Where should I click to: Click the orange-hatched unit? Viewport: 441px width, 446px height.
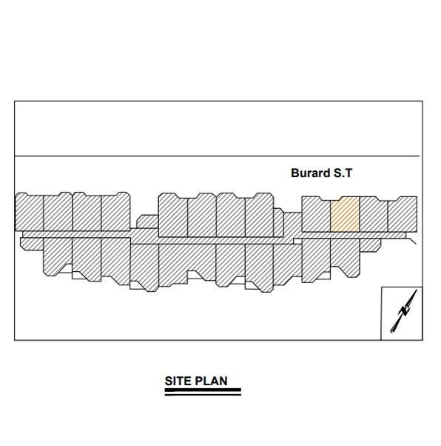pyautogui.click(x=344, y=214)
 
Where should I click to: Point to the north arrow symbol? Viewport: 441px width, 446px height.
pyautogui.click(x=402, y=313)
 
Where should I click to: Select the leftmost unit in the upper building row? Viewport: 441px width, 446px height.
pyautogui.click(x=29, y=212)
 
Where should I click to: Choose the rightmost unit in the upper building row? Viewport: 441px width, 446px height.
pyautogui.click(x=402, y=214)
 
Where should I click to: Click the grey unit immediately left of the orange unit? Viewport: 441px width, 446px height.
pyautogui.click(x=316, y=214)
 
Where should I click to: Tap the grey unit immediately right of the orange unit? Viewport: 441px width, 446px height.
pyautogui.click(x=373, y=214)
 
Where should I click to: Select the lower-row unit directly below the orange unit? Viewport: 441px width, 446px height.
pyautogui.click(x=344, y=256)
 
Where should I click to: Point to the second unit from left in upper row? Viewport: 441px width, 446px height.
pyautogui.click(x=58, y=212)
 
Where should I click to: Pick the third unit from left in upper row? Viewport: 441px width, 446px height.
pyautogui.click(x=87, y=212)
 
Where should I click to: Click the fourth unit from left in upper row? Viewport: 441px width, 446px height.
pyautogui.click(x=115, y=212)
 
